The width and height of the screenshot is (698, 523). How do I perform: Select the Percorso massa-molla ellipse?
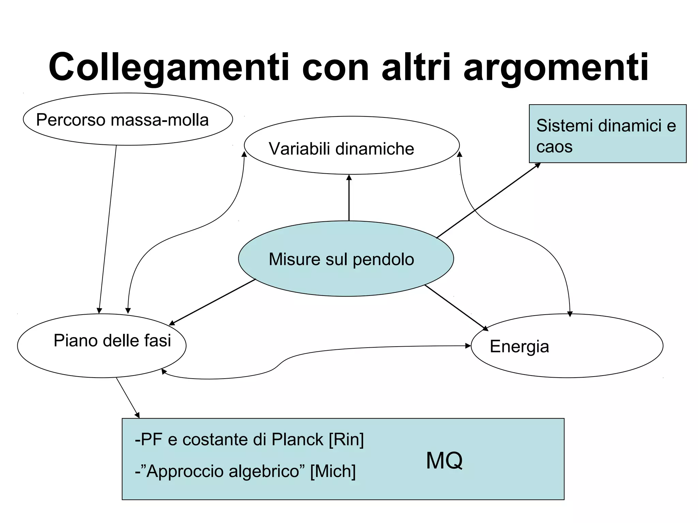127,120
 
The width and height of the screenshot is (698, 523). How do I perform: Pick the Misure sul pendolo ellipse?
346,259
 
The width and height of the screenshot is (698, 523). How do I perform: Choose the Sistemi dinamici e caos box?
607,134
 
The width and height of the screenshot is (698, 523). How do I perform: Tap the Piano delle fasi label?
112,340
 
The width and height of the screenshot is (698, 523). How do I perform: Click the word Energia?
519,347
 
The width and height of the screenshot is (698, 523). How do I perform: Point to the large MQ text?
444,461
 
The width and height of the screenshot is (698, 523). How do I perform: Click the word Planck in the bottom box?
297,439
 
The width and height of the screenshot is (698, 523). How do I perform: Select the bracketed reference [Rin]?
346,439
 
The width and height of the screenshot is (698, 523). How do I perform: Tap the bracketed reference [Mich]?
333,471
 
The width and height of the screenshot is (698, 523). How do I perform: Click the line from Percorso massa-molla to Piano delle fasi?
108,228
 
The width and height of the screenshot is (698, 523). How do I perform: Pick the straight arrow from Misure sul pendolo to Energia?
457,307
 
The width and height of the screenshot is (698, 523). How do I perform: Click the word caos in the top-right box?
554,147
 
